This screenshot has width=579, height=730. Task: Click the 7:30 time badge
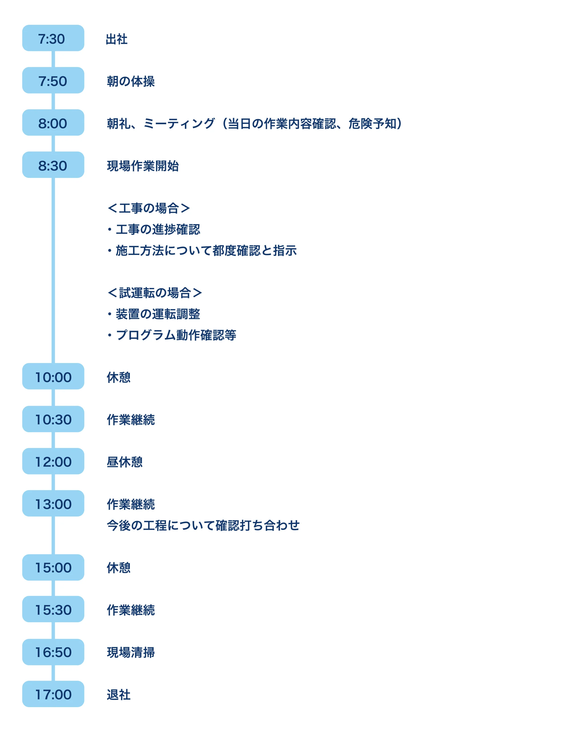point(53,38)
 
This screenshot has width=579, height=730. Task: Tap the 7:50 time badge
point(53,80)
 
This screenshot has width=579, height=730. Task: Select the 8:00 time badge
point(53,123)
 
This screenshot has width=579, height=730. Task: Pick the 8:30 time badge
point(53,165)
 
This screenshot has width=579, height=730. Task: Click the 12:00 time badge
point(53,461)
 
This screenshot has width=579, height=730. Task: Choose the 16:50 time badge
point(53,652)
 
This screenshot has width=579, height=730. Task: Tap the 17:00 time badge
point(53,694)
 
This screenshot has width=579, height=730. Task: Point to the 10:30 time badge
point(53,419)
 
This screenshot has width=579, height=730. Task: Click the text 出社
point(116,39)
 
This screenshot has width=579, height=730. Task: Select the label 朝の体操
point(131,81)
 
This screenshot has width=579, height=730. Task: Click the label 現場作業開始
point(143,166)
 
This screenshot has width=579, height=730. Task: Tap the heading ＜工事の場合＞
point(149,208)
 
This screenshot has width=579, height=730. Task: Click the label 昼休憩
point(125,462)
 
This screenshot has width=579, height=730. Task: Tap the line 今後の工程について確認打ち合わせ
point(203,526)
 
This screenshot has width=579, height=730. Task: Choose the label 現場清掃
point(131,652)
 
